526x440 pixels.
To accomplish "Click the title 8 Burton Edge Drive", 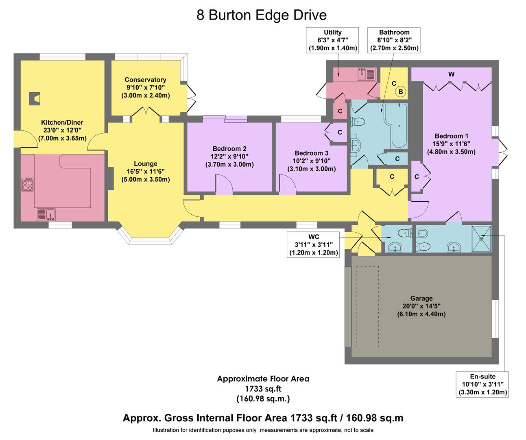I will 262,15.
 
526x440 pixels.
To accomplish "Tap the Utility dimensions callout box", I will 332,40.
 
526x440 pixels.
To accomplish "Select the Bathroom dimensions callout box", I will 394,40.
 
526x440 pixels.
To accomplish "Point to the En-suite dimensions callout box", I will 482,384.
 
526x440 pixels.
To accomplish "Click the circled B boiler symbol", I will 401,92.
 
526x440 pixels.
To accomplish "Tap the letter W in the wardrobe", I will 451,74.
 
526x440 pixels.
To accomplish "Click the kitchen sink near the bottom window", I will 46,214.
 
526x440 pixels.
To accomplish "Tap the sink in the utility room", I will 366,74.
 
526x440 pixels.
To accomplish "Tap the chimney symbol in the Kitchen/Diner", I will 34,99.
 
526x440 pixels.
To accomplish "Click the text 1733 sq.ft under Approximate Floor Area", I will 263,389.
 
